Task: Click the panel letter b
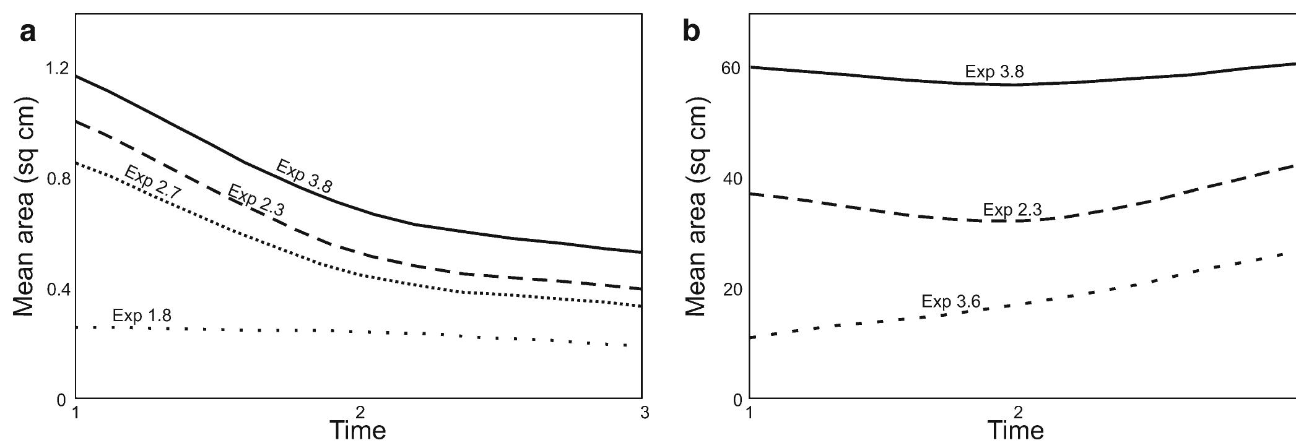(692, 32)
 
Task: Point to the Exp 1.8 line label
(142, 316)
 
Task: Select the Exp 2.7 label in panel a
(152, 182)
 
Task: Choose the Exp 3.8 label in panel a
(304, 176)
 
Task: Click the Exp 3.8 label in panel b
(994, 72)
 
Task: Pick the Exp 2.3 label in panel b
(1012, 210)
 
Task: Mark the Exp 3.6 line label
(950, 301)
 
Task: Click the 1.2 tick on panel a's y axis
(58, 67)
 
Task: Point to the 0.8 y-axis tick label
(58, 179)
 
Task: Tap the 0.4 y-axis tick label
(58, 290)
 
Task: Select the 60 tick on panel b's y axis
(731, 67)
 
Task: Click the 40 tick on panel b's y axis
(731, 179)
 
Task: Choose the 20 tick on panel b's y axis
(731, 290)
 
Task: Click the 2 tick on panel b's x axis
(1017, 413)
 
